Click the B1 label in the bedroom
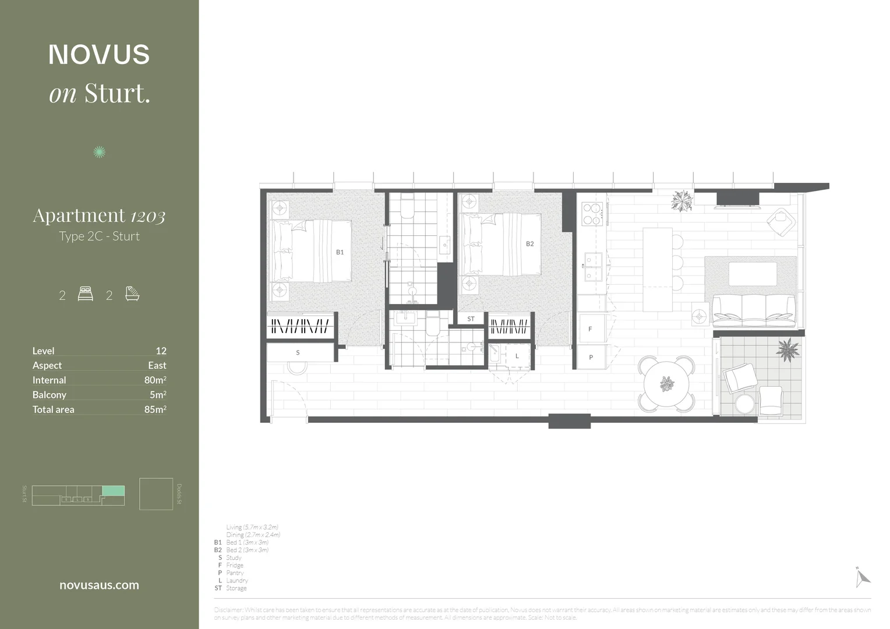click(340, 252)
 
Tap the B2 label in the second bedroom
click(529, 244)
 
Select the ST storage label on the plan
click(471, 319)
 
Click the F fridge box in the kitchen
click(590, 329)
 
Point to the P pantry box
click(591, 357)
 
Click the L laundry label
click(517, 356)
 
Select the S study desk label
click(298, 352)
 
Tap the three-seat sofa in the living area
click(754, 309)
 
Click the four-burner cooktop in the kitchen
click(592, 214)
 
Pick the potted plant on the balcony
click(787, 350)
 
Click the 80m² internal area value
click(155, 380)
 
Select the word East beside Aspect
click(157, 365)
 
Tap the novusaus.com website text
click(99, 585)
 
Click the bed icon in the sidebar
click(85, 294)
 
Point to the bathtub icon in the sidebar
click(132, 294)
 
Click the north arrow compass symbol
click(862, 577)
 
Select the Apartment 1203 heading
click(99, 215)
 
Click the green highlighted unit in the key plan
click(113, 490)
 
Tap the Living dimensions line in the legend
click(252, 527)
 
